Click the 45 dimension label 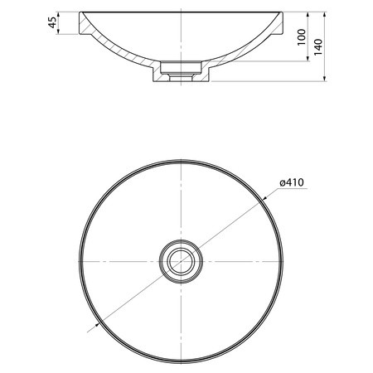52,22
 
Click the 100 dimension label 302,37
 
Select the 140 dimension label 318,47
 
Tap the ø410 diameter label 291,182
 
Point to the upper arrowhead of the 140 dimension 325,14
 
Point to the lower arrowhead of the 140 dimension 325,79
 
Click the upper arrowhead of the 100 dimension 308,14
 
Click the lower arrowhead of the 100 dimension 308,58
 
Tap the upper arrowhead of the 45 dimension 58,14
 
